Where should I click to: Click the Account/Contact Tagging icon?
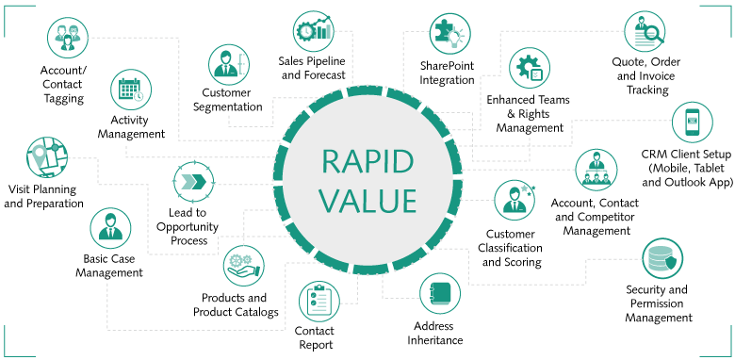tap(68, 40)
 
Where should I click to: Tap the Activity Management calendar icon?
tap(131, 90)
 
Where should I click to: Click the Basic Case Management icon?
tap(110, 229)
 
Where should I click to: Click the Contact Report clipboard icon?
tap(318, 303)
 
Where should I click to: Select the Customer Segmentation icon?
tap(229, 64)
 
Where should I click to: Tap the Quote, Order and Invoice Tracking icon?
tap(645, 34)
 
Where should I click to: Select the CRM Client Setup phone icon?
tap(693, 123)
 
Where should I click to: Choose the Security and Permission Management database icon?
tap(661, 259)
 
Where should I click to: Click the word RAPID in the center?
tap(368, 161)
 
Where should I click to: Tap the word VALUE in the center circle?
tap(368, 201)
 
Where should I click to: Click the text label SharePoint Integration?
tap(448, 73)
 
